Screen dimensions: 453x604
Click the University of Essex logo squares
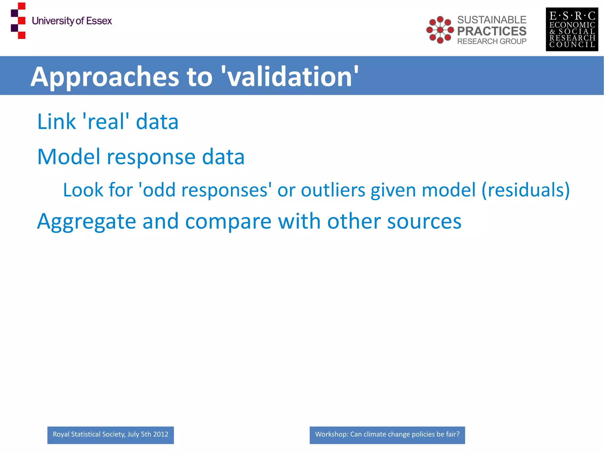click(18, 21)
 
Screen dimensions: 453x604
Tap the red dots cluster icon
click(440, 30)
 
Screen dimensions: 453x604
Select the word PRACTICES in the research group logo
click(492, 31)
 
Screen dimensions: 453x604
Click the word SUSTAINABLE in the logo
click(492, 20)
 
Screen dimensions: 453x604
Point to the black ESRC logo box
click(572, 29)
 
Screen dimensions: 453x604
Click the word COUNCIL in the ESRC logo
click(572, 45)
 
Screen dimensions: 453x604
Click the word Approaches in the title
click(105, 77)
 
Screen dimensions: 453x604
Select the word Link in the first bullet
click(56, 122)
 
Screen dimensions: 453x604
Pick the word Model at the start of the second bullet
click(69, 157)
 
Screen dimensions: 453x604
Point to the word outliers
click(333, 190)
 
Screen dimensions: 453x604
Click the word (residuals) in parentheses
click(526, 190)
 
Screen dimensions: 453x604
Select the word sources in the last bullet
click(424, 221)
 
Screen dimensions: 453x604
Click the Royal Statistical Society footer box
click(110, 435)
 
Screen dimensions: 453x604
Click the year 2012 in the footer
click(161, 434)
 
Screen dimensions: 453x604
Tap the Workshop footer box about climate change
click(387, 435)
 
